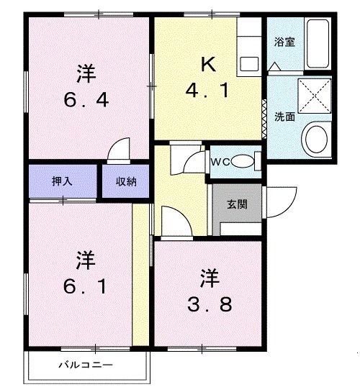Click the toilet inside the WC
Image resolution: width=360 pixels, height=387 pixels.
tap(244, 161)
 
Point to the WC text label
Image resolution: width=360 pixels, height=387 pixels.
tap(220, 162)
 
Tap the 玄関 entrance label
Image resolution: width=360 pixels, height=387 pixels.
tap(238, 204)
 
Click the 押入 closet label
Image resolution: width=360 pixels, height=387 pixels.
tap(61, 182)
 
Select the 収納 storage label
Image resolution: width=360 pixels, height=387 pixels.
tap(127, 182)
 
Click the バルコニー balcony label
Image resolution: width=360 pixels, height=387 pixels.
tap(86, 365)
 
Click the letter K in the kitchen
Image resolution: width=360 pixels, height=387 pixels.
tap(207, 63)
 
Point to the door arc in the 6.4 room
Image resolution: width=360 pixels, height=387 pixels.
tap(117, 149)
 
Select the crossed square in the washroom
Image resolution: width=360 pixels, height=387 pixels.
tap(314, 96)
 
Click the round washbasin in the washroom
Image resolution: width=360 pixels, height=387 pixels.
tap(314, 137)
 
